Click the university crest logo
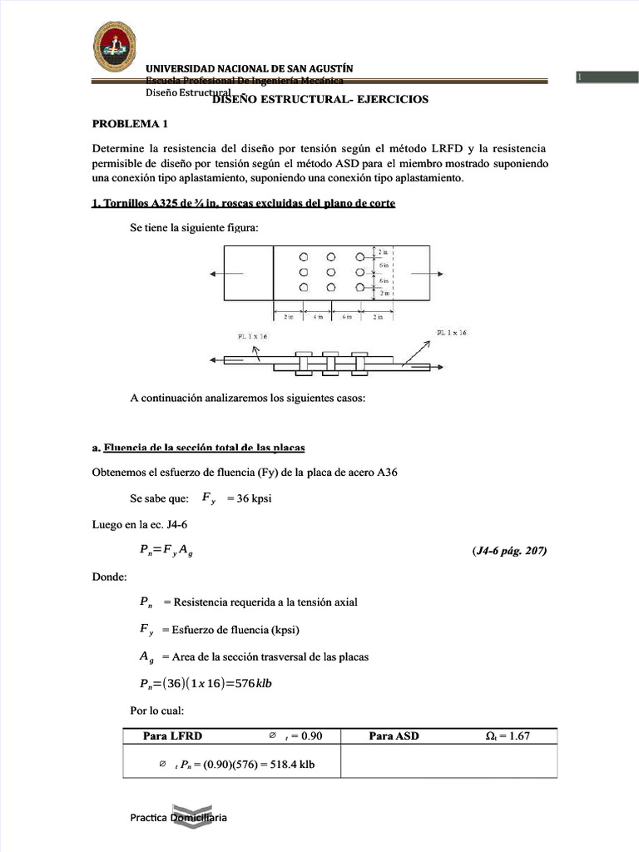tap(114, 47)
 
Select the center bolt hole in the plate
tap(331, 272)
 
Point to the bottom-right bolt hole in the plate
tap(359, 287)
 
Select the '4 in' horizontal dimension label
tap(318, 317)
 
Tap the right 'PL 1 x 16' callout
tap(452, 333)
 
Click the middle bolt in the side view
tap(330, 362)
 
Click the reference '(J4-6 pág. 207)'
tap(508, 551)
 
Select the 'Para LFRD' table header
tap(172, 736)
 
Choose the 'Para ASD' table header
tap(394, 736)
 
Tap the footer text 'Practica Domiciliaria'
tap(178, 817)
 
